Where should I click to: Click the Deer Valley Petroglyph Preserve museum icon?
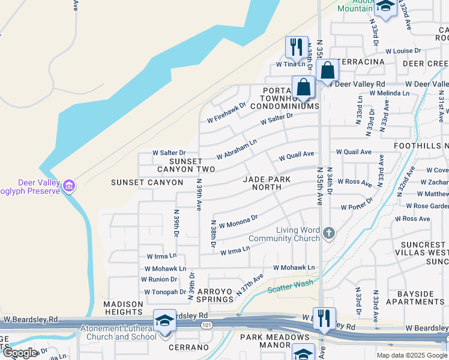click(x=69, y=186)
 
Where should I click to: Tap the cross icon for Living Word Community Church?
click(x=328, y=232)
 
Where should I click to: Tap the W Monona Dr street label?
click(x=238, y=221)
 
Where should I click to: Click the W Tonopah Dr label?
click(x=165, y=292)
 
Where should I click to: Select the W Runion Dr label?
click(x=159, y=280)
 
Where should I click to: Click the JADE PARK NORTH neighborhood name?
click(x=267, y=183)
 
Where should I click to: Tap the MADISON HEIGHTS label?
click(x=123, y=308)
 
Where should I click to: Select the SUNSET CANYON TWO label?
click(x=184, y=166)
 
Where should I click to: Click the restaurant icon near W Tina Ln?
click(x=297, y=47)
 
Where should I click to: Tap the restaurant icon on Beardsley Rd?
click(x=324, y=319)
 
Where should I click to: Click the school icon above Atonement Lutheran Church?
click(x=164, y=320)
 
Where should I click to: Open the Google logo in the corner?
click(x=20, y=352)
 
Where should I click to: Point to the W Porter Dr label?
click(x=357, y=207)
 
